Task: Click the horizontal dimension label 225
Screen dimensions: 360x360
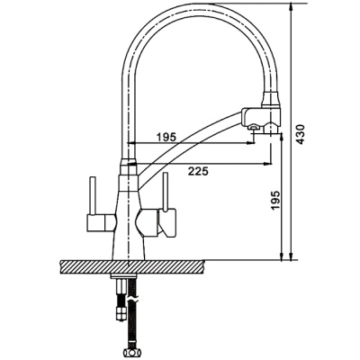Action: (202, 172)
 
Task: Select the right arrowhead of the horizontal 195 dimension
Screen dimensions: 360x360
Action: (253, 143)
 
